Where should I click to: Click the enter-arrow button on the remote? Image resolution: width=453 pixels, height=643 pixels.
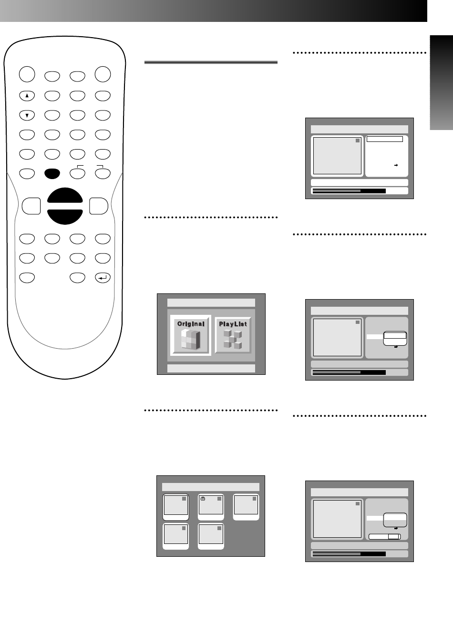103,278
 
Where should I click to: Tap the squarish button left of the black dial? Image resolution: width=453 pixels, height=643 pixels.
31,206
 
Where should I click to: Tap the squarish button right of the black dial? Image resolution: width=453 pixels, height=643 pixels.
99,206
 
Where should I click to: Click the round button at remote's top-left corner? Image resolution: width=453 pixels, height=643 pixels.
27,74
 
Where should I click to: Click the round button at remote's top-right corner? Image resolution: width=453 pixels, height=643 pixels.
103,74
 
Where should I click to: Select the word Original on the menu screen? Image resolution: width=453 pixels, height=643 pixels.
191,324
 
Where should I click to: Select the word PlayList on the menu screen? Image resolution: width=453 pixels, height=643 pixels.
233,324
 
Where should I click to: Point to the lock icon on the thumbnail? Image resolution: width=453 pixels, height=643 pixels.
203,499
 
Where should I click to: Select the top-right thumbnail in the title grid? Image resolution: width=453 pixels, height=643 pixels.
246,507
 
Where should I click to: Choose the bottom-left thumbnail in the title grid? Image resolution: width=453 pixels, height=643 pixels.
175,536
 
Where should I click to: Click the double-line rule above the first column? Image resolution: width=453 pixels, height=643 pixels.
211,62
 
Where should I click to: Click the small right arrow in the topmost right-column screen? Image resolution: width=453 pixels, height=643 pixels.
396,165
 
